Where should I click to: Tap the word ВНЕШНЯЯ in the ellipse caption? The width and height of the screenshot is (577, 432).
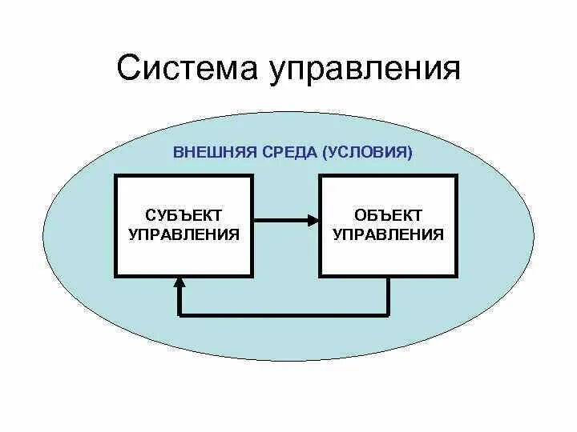[x=210, y=151]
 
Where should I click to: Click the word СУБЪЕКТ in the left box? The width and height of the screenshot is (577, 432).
[x=184, y=216]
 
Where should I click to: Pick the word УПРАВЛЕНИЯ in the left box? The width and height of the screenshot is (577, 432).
[x=184, y=234]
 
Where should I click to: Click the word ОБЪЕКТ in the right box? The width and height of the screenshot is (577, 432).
[x=389, y=216]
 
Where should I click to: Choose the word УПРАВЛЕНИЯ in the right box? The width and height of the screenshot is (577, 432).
[x=389, y=234]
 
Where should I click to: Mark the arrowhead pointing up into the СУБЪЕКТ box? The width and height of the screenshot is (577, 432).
[x=180, y=282]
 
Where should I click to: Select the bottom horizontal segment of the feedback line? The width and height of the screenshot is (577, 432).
[x=284, y=314]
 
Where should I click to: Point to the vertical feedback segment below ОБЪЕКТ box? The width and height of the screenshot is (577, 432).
[x=389, y=296]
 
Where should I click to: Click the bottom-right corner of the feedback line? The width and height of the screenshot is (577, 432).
[x=389, y=314]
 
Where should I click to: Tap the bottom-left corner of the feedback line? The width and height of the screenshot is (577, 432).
[x=180, y=314]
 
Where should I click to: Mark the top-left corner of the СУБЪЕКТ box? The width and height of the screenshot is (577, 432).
[x=117, y=176]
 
